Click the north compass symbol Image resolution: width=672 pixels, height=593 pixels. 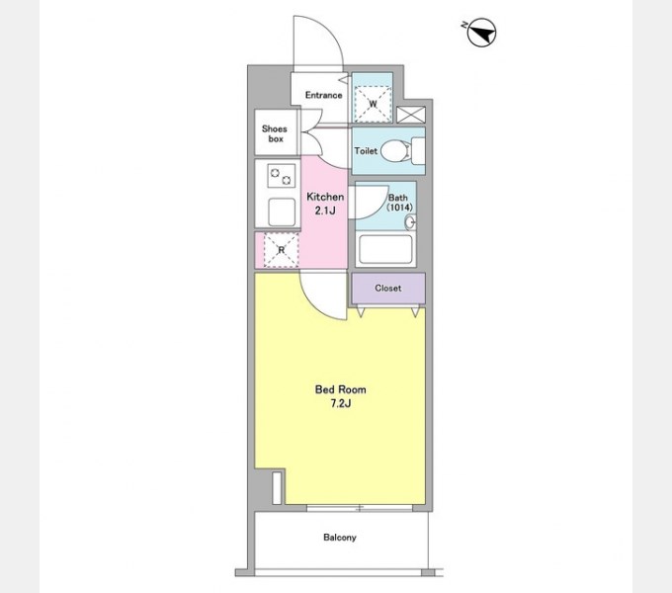(481, 33)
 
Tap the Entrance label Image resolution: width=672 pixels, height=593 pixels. (323, 95)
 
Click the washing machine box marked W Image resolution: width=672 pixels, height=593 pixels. (373, 104)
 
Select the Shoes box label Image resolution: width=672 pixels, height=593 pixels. (275, 133)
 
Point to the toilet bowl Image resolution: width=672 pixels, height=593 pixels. (395, 151)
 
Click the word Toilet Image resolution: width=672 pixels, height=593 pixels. (366, 151)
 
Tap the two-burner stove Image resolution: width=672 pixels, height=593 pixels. (281, 176)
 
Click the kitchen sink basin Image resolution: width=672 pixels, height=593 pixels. (282, 212)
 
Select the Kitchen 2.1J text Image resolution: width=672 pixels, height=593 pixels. (325, 204)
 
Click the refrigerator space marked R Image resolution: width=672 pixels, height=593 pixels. (281, 250)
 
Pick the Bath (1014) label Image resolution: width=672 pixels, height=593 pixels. (399, 203)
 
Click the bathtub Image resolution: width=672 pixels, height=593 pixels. (385, 249)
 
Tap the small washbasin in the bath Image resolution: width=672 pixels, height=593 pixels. (410, 222)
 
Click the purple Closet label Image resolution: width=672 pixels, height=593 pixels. (388, 288)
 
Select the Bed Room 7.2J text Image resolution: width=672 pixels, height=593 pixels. (341, 396)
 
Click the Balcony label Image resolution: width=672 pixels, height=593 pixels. (340, 538)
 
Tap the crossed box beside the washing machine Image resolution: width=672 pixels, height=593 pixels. (411, 115)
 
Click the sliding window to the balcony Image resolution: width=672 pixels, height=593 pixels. (360, 508)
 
